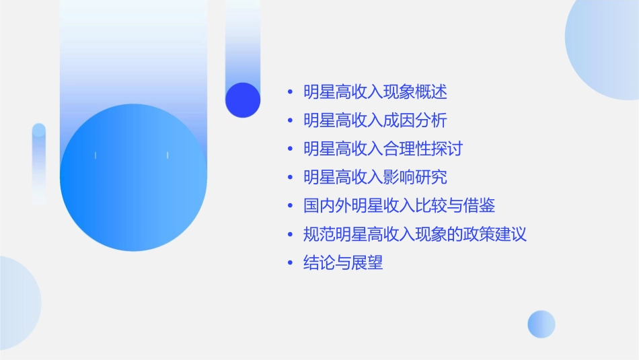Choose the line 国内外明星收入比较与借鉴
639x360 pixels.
399,206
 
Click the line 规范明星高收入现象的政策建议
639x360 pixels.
415,235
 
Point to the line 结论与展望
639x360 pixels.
343,263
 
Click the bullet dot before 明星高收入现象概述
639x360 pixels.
290,93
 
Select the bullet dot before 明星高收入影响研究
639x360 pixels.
290,178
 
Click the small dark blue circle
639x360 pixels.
243,100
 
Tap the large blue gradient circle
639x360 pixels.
133,178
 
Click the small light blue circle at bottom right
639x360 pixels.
541,324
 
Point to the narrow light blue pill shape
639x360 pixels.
39,164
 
